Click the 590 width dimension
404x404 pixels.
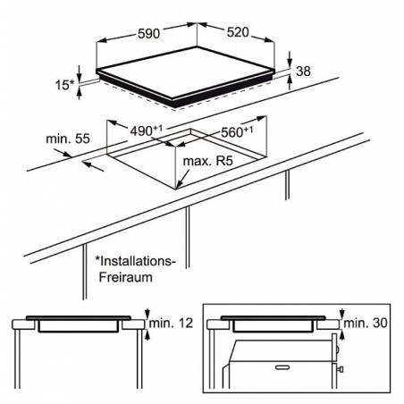[148, 33]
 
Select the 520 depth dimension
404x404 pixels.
[238, 32]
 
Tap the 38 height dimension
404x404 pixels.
[303, 72]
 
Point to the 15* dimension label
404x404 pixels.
[64, 85]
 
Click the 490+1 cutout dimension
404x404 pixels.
[147, 130]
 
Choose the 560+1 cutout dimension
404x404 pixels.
[237, 132]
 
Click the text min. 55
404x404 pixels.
[68, 139]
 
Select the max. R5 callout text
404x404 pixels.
[207, 161]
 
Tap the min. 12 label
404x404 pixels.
[171, 323]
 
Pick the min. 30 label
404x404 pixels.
[366, 323]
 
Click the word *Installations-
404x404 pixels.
[135, 261]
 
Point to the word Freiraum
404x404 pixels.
[125, 277]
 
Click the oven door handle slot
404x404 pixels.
[282, 367]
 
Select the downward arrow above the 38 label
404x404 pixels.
[290, 58]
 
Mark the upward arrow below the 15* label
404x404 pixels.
[79, 93]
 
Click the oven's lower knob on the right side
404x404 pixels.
[341, 369]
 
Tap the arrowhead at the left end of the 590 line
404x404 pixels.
[102, 40]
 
